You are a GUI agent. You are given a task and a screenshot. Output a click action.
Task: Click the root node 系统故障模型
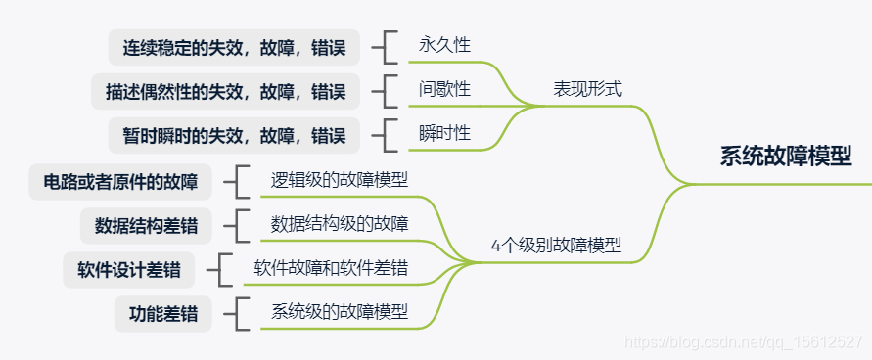click(786, 157)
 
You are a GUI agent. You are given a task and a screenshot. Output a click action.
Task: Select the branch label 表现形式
click(587, 89)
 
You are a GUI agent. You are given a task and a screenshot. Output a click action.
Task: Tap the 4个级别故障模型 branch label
click(556, 246)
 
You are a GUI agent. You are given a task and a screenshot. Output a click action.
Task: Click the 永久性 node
click(444, 45)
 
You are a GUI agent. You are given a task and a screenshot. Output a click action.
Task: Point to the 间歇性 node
click(444, 89)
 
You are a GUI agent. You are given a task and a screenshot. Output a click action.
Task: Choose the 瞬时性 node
click(444, 133)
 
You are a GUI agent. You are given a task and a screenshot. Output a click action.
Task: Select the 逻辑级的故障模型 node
click(340, 180)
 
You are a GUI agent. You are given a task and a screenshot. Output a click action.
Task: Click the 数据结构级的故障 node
click(340, 224)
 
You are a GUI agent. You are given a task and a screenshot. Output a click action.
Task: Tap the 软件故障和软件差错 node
click(331, 268)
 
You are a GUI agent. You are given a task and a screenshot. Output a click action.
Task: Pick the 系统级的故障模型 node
click(340, 313)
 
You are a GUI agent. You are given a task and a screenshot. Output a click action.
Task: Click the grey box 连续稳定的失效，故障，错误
click(234, 47)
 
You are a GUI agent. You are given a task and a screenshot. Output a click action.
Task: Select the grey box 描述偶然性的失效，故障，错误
click(225, 92)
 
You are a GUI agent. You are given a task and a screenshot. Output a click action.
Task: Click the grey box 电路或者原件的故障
click(120, 182)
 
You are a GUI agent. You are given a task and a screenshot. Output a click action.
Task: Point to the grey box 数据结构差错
click(146, 226)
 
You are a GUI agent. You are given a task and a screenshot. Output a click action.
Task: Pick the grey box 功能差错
click(162, 315)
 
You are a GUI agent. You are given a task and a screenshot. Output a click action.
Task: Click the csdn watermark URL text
click(744, 342)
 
